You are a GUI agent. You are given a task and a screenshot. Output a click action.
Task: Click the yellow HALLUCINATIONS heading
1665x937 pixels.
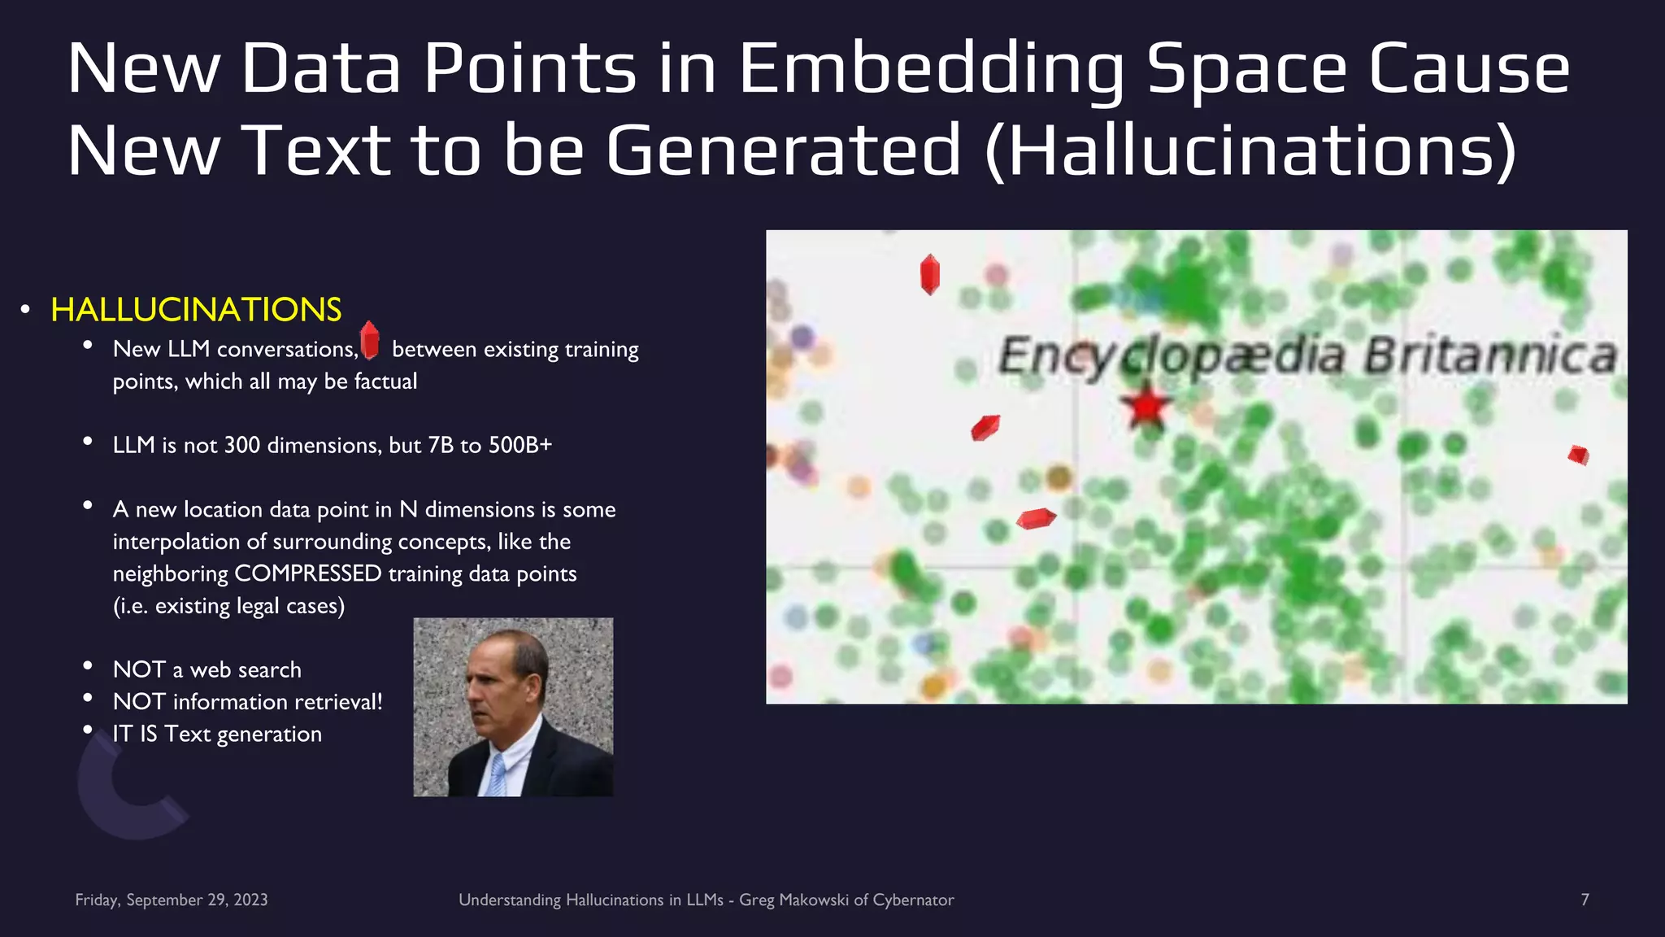196,310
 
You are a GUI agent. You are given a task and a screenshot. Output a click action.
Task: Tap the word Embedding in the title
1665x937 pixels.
931,68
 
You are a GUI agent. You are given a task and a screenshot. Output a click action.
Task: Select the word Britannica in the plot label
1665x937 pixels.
1490,355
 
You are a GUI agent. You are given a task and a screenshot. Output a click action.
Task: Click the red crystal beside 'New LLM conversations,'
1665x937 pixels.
370,340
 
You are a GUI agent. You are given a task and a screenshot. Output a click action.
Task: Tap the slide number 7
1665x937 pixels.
1585,900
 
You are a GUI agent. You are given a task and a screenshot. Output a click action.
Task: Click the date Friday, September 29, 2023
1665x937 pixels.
172,900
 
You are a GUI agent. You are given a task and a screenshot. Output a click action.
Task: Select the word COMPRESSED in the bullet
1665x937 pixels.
308,573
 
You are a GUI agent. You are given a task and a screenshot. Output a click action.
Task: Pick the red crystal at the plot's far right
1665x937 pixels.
1578,455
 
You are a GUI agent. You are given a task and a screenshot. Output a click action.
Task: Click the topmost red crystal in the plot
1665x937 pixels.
930,274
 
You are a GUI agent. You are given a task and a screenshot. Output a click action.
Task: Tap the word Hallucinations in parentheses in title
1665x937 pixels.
1250,151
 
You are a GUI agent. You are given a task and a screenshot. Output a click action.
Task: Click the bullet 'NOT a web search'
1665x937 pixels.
206,669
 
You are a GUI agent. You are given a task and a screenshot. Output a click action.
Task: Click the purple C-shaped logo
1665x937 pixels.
122,793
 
